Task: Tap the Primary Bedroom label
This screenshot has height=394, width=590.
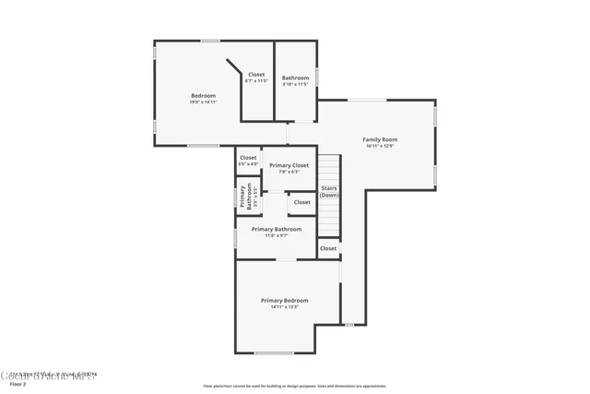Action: (x=284, y=300)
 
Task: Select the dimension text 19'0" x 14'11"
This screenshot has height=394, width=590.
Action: (x=203, y=102)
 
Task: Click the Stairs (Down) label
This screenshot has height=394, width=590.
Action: (x=329, y=192)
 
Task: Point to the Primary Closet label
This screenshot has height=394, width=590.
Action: (x=289, y=165)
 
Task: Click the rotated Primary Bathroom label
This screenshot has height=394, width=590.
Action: (x=247, y=197)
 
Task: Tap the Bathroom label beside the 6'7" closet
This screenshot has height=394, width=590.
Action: (x=295, y=78)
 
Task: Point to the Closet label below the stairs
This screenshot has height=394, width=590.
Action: (x=328, y=248)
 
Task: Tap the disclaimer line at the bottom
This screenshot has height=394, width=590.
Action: (x=295, y=386)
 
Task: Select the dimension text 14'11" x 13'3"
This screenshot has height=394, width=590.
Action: (x=284, y=306)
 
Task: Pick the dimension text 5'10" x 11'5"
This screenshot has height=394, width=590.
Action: (x=295, y=84)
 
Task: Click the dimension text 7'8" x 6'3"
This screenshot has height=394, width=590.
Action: (x=289, y=172)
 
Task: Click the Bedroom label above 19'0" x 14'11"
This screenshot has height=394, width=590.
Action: (x=203, y=96)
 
